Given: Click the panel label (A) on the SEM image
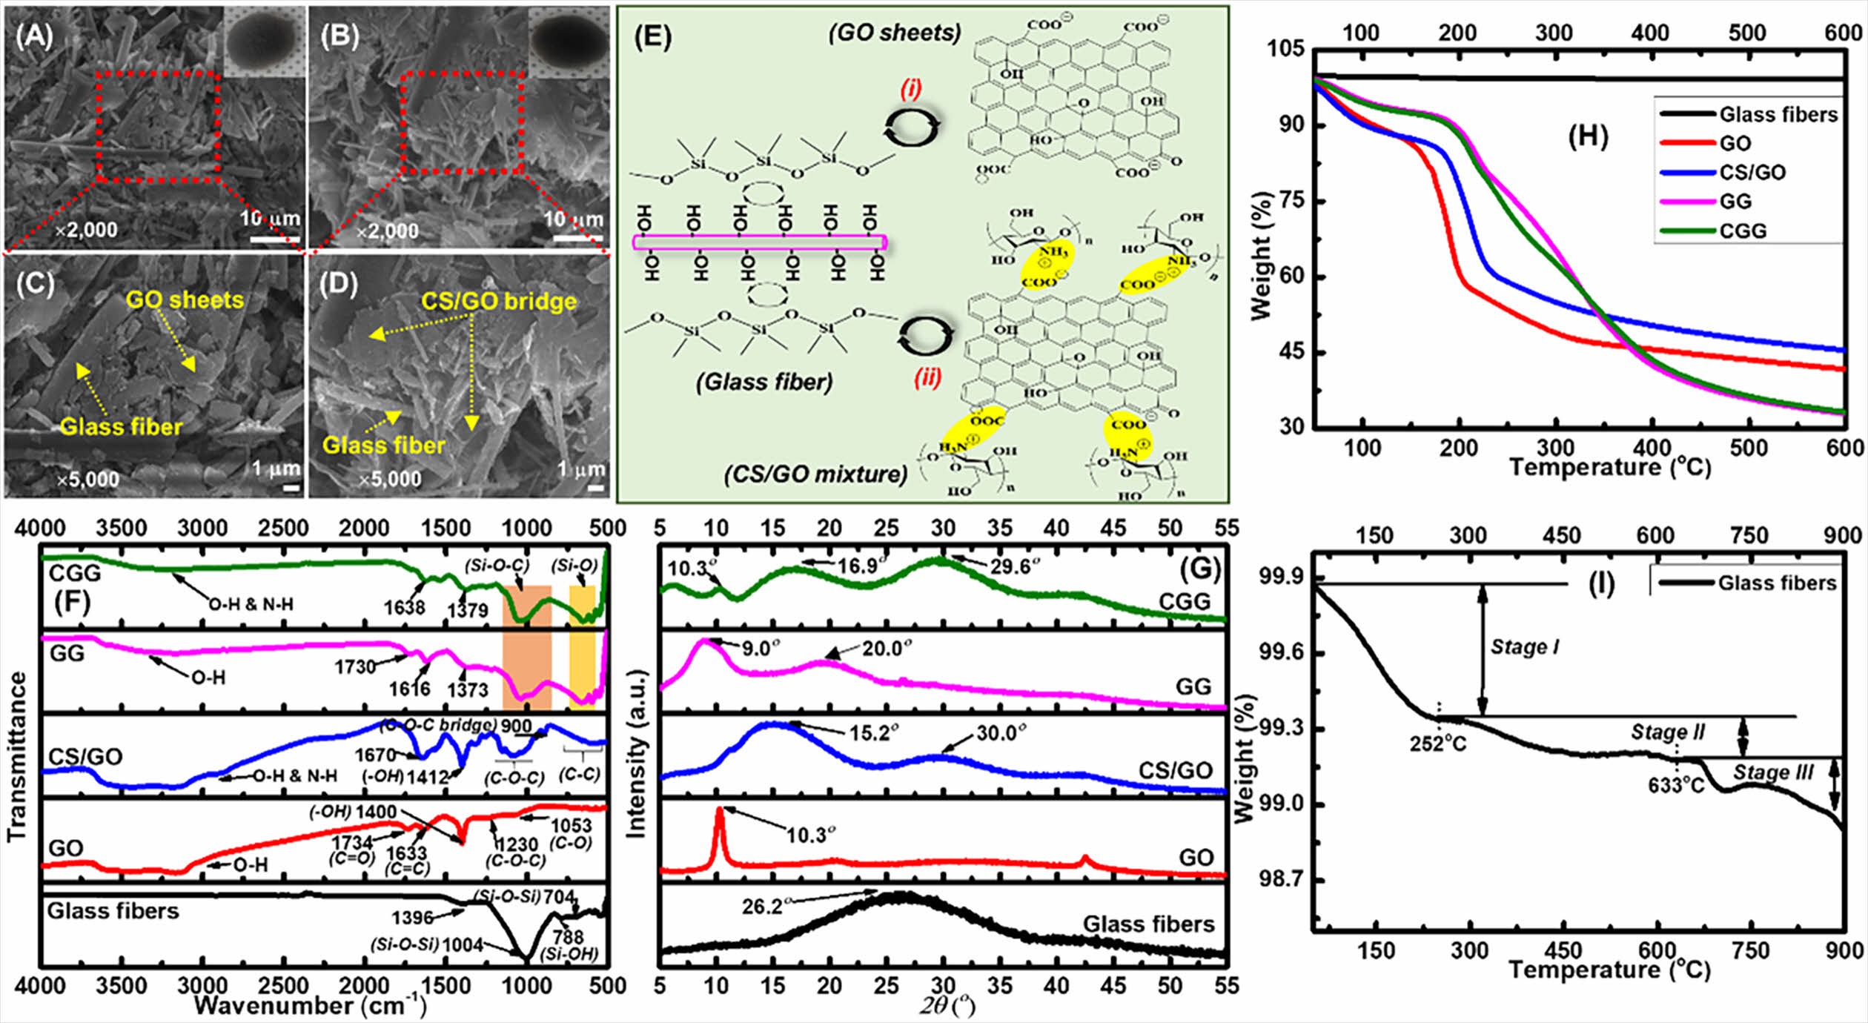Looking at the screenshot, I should pyautogui.click(x=34, y=36).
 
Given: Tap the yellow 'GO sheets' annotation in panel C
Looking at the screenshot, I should pyautogui.click(x=185, y=300).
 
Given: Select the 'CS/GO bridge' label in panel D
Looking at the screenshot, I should pyautogui.click(x=498, y=302).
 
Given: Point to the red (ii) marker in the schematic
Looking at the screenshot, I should pyautogui.click(x=927, y=378).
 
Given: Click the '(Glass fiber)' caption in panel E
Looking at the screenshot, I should pyautogui.click(x=764, y=382).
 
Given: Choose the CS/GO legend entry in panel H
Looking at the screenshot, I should pyautogui.click(x=1752, y=173).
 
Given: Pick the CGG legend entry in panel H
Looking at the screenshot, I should pyautogui.click(x=1743, y=231).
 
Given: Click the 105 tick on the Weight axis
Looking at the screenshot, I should pyautogui.click(x=1285, y=49).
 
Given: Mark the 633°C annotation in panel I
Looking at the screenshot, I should pyautogui.click(x=1676, y=784).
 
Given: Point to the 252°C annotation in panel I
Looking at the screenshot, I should pyautogui.click(x=1438, y=744).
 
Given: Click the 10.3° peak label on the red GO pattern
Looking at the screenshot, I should pyautogui.click(x=810, y=835).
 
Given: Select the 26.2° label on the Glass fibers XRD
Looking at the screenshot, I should pyautogui.click(x=763, y=907).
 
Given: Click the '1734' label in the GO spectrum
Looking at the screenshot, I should pyautogui.click(x=351, y=843).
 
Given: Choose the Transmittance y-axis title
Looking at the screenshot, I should pyautogui.click(x=16, y=756).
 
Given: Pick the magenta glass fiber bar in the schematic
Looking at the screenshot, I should pyautogui.click(x=759, y=242).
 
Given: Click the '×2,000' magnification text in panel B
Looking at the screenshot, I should pyautogui.click(x=387, y=231).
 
